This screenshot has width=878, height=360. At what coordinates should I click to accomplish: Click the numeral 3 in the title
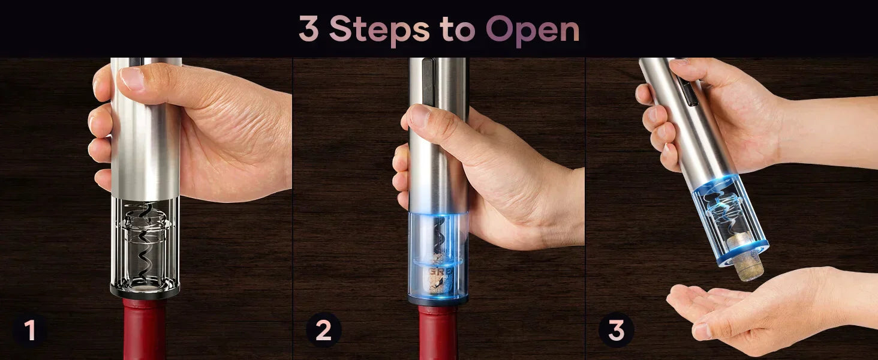(308, 29)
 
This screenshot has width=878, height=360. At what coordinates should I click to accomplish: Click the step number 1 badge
(29, 331)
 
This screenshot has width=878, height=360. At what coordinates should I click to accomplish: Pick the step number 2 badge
(323, 331)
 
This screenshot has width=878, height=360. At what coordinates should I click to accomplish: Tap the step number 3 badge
(616, 331)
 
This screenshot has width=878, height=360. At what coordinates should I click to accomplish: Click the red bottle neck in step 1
(145, 330)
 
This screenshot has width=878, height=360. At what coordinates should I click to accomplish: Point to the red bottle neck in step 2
(438, 333)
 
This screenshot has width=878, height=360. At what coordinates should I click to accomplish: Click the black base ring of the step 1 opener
(145, 292)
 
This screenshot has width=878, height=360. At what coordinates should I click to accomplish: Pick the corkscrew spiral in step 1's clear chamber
(145, 240)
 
